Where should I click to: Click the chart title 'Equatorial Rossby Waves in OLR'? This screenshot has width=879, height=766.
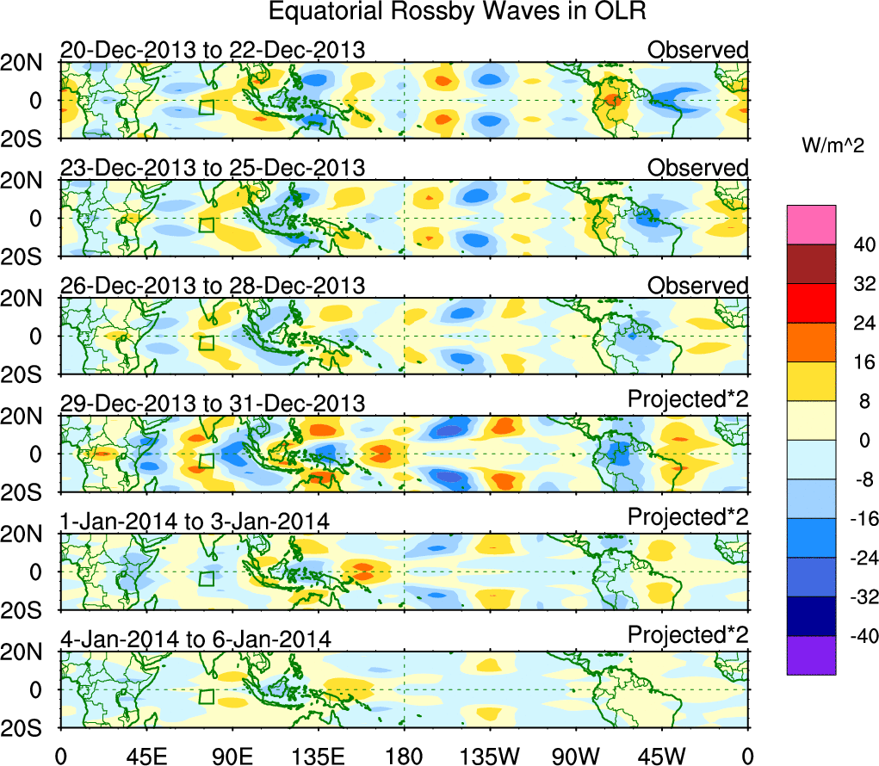coord(456,12)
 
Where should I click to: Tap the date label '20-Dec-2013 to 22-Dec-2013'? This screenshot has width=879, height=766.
coord(213,50)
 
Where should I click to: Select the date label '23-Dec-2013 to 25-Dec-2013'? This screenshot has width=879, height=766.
coord(213,167)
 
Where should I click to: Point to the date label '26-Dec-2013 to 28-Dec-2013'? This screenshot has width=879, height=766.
coord(213,285)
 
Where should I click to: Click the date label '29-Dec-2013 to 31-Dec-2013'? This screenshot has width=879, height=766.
coord(213,403)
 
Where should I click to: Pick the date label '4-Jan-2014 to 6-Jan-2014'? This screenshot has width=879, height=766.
coord(195,639)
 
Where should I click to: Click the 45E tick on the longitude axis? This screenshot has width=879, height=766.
coord(145,755)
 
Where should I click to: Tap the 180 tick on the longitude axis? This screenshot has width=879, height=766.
coord(405,755)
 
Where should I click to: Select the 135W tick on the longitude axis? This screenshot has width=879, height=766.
coord(491,755)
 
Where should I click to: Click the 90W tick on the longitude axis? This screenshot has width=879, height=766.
coord(577,755)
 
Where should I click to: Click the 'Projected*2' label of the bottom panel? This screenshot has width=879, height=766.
coord(688,635)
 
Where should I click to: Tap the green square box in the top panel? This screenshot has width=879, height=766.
coord(206,108)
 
